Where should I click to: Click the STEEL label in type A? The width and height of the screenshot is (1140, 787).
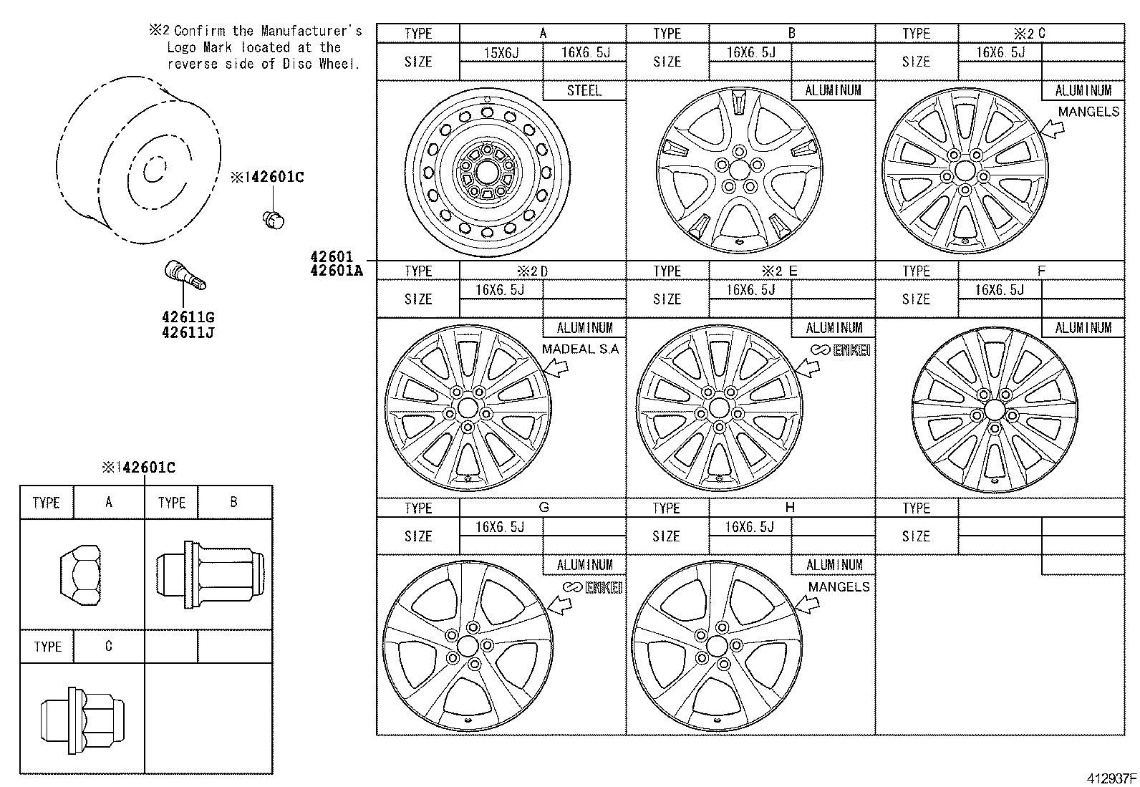click(x=584, y=91)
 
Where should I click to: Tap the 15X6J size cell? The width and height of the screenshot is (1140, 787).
click(x=501, y=52)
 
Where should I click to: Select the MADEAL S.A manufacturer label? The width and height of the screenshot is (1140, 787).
click(x=580, y=349)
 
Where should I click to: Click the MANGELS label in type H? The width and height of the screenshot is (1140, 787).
click(x=839, y=586)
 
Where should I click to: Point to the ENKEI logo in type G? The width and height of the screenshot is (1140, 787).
click(x=592, y=587)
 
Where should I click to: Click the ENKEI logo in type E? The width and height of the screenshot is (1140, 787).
click(x=841, y=349)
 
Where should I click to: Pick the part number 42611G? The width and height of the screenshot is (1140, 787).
click(x=188, y=317)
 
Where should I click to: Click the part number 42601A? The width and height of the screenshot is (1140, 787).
click(x=336, y=270)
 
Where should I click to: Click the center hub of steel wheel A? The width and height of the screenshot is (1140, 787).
click(x=486, y=173)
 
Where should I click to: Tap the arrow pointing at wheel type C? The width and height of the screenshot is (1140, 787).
click(x=1051, y=129)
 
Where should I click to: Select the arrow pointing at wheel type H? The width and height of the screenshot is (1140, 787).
click(x=806, y=604)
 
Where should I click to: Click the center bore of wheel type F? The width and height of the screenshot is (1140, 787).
click(x=994, y=409)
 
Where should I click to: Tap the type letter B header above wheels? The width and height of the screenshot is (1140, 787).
click(x=791, y=33)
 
